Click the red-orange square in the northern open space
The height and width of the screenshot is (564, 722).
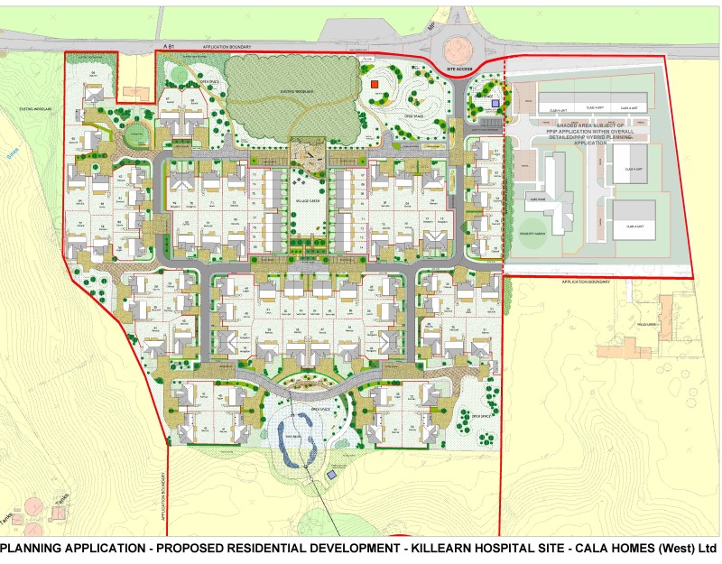374,85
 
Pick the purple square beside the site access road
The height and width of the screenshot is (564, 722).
495,103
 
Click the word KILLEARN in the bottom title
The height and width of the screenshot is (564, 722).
454,549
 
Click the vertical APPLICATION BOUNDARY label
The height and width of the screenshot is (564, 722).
165,497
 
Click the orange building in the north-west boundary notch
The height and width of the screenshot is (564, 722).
137,93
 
